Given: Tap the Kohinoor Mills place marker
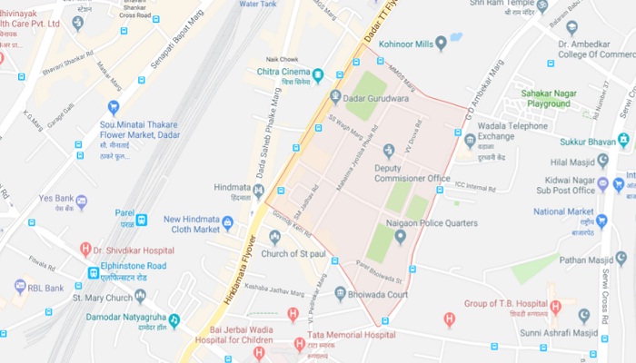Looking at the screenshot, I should tap(441, 43).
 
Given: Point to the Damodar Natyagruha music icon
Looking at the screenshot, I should tap(174, 321).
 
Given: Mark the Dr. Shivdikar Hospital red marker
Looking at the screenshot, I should tap(85, 249).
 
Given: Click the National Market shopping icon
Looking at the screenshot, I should tap(602, 221).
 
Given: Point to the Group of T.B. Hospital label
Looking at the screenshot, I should tap(507, 304).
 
